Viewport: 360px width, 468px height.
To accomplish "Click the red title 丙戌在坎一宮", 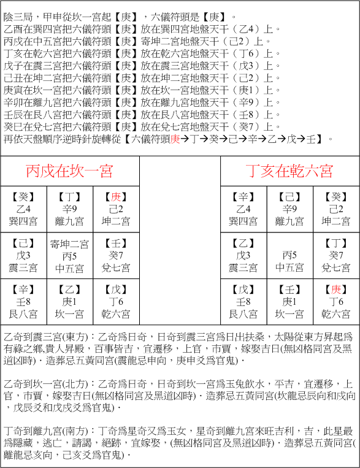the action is coord(69,170).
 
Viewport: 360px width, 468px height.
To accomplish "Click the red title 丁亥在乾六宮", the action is coord(289,170).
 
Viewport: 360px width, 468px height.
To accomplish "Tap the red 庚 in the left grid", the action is coord(117,197).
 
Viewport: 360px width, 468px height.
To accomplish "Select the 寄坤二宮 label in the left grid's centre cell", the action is coord(69,244).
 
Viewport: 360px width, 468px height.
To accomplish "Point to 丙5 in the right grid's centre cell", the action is coord(290,255).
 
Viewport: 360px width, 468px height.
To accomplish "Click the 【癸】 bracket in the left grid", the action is coord(23,197).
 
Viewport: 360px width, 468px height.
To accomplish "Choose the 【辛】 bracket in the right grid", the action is coord(243,197).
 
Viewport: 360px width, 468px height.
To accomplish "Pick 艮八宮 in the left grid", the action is coord(23,314).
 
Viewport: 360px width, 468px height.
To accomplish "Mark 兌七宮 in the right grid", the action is coord(337,267).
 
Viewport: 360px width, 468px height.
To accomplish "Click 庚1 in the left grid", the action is coord(69,302).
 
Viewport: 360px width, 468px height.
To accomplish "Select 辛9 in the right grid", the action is coord(290,209).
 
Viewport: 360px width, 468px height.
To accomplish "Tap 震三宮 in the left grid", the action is coord(23,267).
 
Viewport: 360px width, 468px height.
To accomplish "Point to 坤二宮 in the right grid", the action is coord(337,221).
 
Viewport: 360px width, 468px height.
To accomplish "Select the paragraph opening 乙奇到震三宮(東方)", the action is coord(46,337).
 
